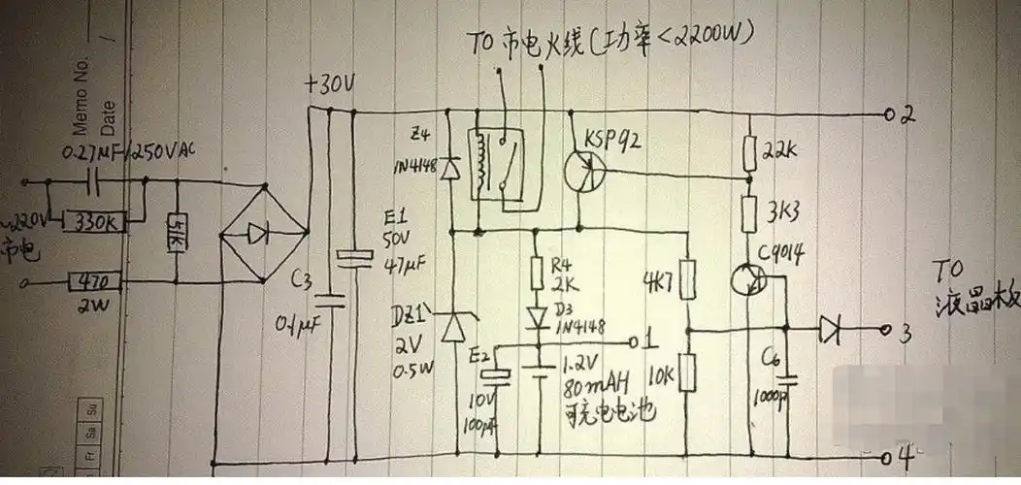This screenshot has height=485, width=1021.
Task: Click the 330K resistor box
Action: [x=94, y=222]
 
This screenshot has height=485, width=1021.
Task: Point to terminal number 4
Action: [x=906, y=456]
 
